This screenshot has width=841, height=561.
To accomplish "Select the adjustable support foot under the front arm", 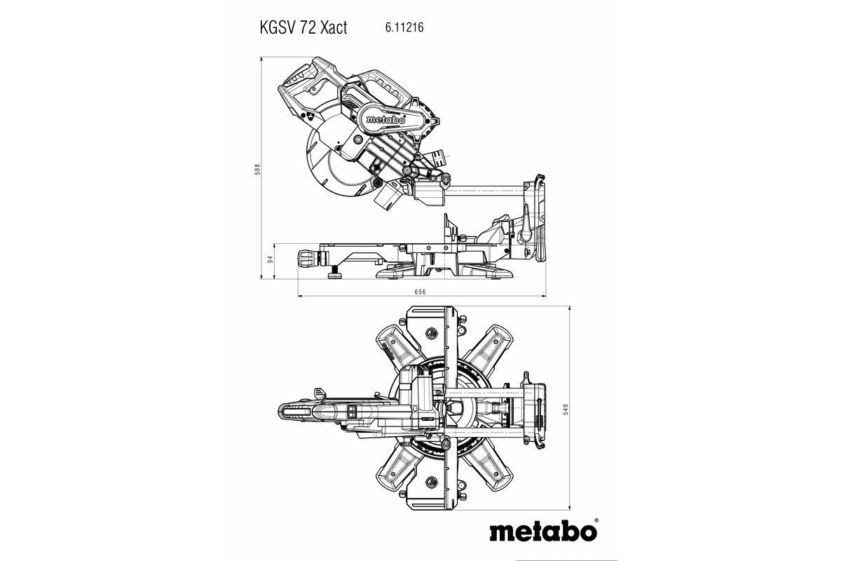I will (335, 271).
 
